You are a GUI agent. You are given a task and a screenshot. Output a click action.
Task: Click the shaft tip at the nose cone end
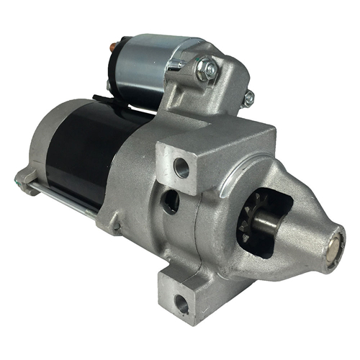tap(334, 248)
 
